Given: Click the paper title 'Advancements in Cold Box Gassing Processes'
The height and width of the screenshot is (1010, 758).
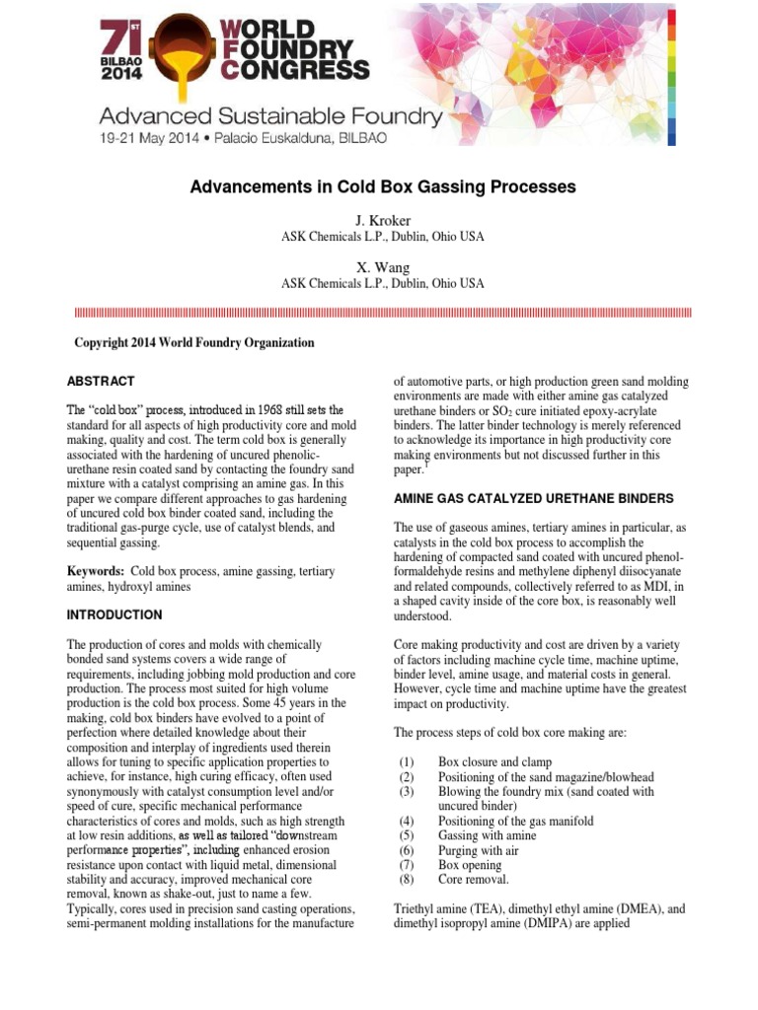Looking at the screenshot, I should [383, 186].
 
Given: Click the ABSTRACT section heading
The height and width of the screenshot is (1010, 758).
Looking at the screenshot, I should [101, 381].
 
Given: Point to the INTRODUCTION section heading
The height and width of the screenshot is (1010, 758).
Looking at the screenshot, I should [114, 614].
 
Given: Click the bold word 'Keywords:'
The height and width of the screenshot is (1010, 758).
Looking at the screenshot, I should [96, 571].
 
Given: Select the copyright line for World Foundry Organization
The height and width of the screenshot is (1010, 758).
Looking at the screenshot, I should [194, 342].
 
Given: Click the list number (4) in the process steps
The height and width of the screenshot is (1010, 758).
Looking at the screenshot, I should [407, 821].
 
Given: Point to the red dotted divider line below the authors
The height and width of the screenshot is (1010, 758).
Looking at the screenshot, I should [383, 312].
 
